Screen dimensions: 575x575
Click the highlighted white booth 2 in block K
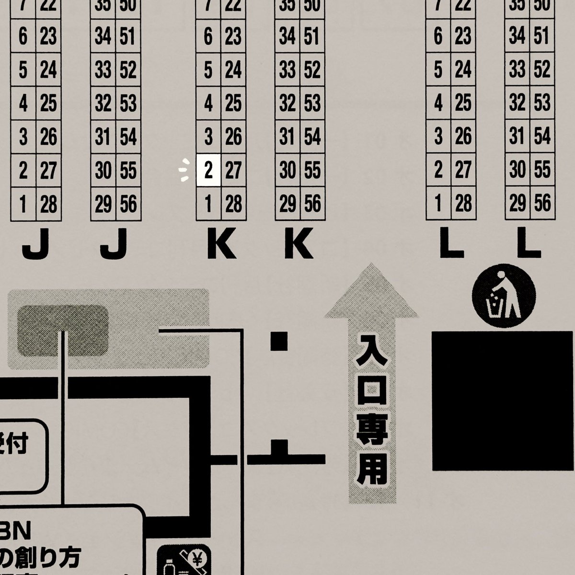208,171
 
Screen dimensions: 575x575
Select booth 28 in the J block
48,205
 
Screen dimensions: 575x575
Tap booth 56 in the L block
542,204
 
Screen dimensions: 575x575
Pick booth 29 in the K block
287,205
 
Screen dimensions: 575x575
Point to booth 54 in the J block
128,137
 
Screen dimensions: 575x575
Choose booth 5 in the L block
438,70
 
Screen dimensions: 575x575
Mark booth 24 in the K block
233,70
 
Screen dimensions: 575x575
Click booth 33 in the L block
517,70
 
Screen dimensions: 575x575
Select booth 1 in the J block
23,205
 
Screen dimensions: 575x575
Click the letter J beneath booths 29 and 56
114,244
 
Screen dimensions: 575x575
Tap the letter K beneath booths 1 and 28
221,244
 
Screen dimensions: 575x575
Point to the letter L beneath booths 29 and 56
529,244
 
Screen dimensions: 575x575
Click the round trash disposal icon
504,296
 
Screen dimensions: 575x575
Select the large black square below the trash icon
502,401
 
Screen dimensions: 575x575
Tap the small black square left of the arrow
278,341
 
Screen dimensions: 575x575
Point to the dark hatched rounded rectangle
63,330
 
